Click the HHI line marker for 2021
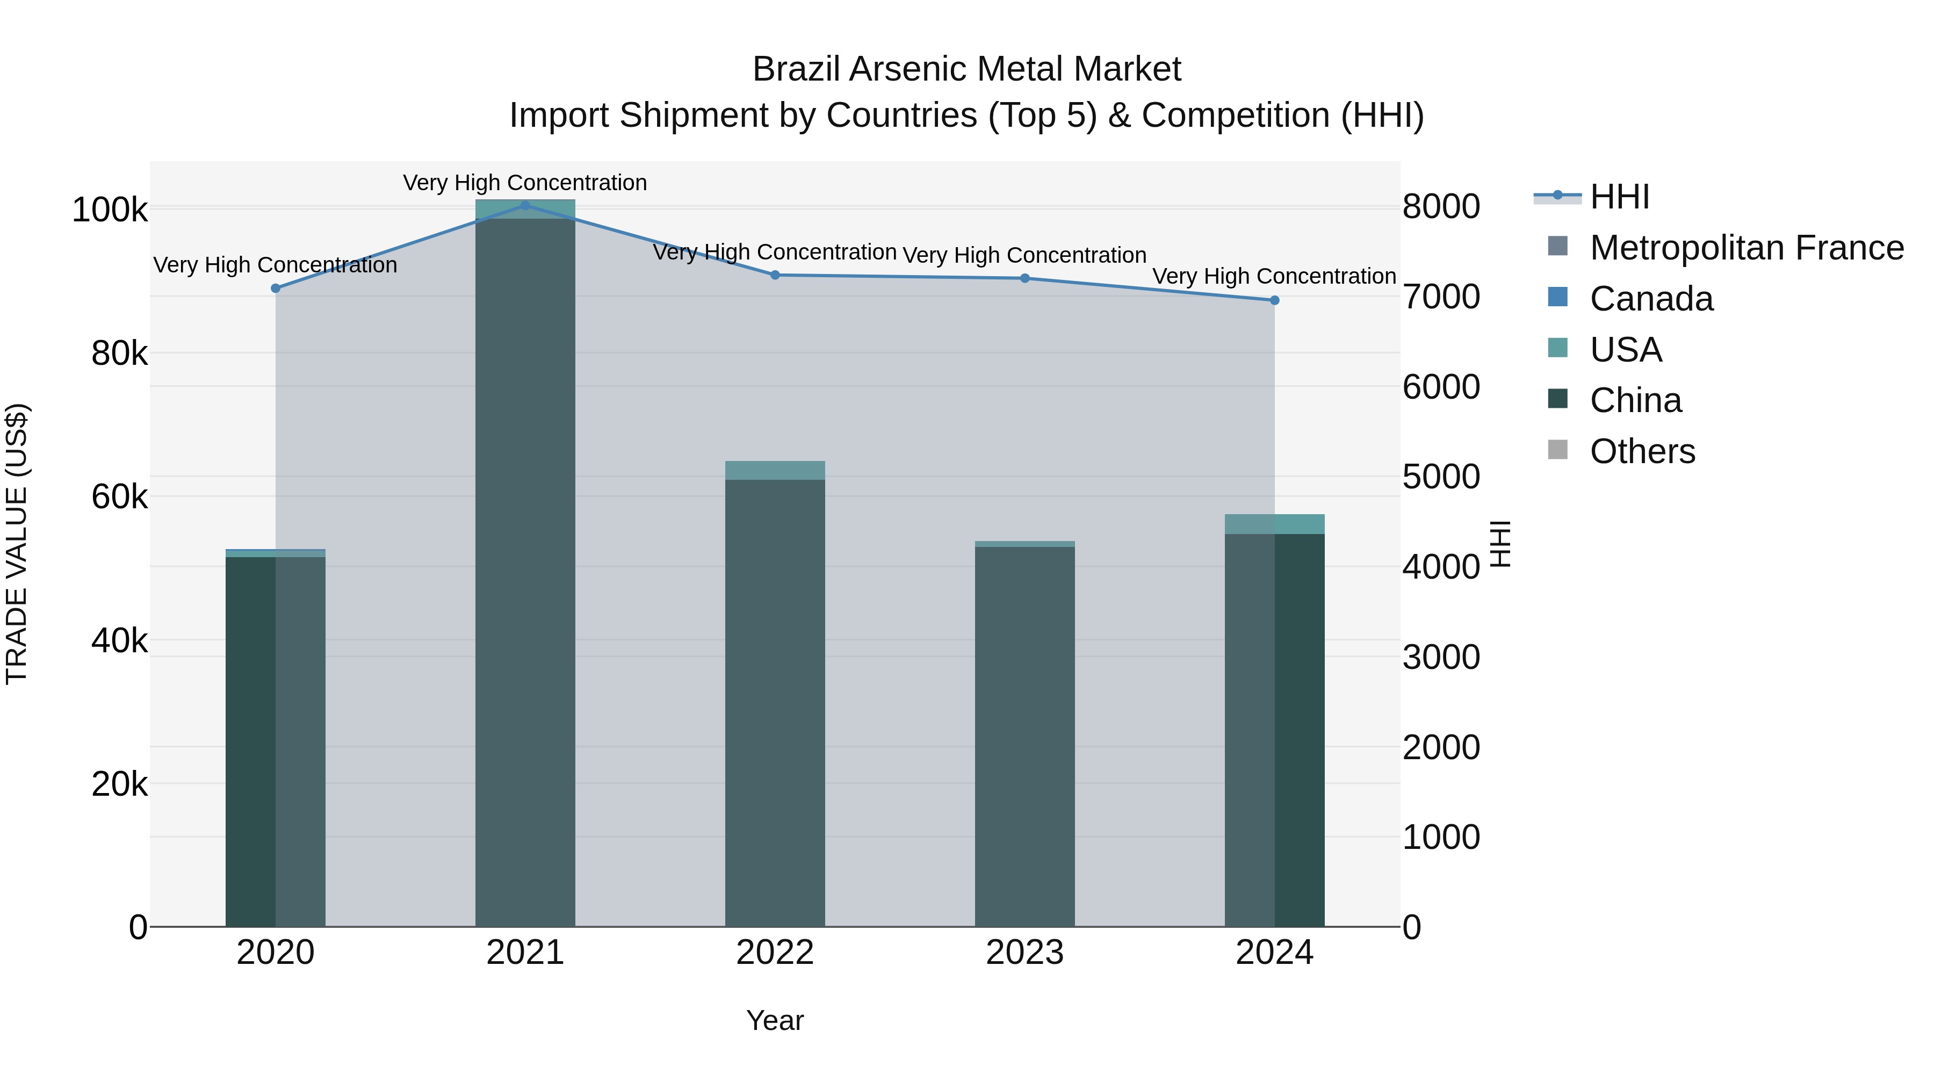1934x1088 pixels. tap(525, 206)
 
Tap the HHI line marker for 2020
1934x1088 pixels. tap(276, 289)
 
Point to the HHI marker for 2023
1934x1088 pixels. tap(1025, 278)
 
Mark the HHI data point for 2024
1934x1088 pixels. tap(1274, 300)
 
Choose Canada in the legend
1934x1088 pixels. tap(1651, 299)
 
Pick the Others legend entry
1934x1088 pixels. tap(1642, 451)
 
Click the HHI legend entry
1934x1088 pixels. tap(1619, 197)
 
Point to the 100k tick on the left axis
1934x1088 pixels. tap(110, 210)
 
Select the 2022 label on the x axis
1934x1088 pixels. tap(775, 953)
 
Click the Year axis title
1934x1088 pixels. tap(775, 1020)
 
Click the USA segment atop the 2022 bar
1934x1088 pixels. tap(775, 470)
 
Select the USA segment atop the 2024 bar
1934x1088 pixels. tap(1274, 524)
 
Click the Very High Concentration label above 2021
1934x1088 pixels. tap(525, 183)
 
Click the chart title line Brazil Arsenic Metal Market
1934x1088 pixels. tap(966, 69)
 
